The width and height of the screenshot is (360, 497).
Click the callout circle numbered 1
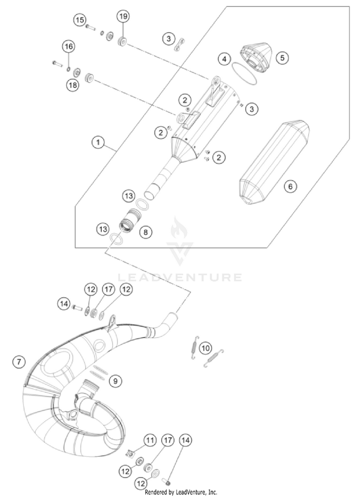[98, 142]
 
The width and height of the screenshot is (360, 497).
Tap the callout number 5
[283, 57]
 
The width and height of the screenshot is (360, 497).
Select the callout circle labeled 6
[290, 186]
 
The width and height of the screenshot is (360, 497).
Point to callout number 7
[19, 362]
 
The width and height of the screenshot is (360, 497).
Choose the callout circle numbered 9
[115, 381]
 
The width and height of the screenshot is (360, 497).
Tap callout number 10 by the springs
[205, 347]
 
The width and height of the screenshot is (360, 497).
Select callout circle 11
[151, 439]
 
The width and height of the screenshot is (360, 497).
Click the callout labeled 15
[80, 20]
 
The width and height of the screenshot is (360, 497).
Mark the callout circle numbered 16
[68, 47]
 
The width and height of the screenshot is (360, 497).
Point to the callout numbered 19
[123, 16]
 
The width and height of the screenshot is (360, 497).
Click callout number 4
[223, 59]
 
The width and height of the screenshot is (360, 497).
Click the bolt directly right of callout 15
[91, 27]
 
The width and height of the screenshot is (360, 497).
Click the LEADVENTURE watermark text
[180, 277]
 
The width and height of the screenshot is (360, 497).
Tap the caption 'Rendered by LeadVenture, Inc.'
[180, 492]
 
